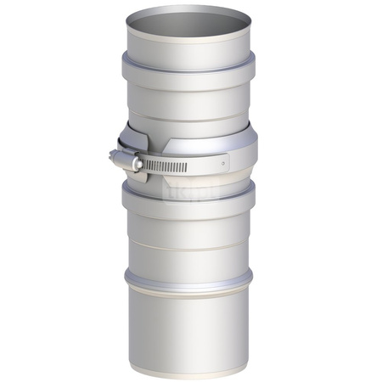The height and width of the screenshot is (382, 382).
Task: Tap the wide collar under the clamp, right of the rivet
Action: [x=242, y=153]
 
